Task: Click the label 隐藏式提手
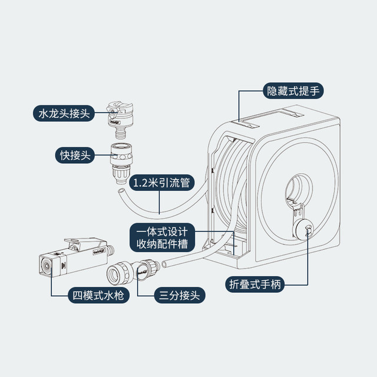[292, 91]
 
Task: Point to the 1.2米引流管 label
[160, 183]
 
